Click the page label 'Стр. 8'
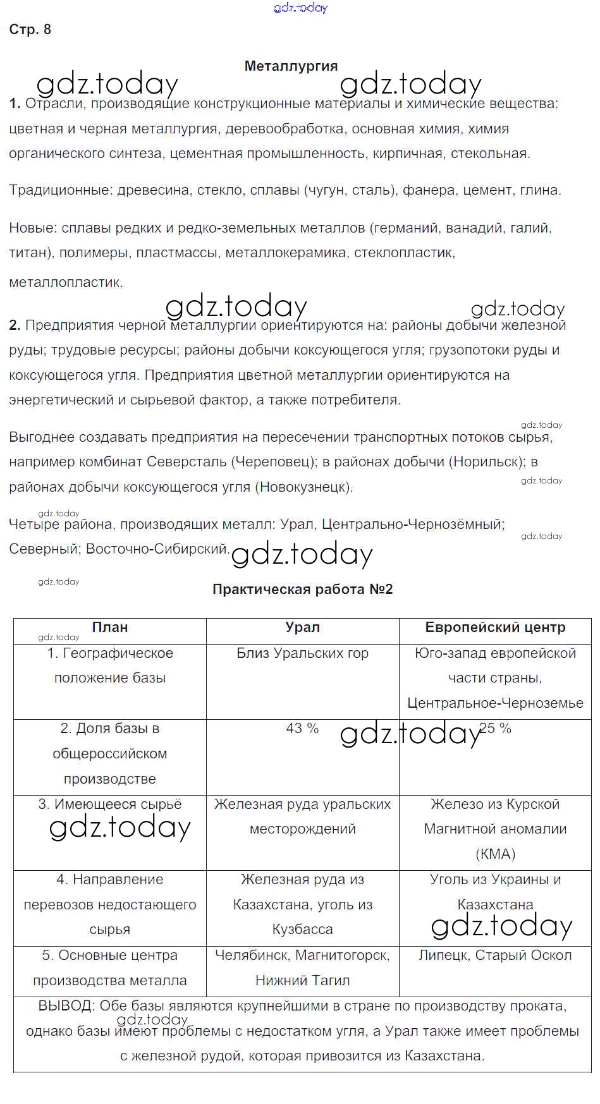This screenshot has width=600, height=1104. click(30, 30)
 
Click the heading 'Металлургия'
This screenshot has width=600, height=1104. click(291, 66)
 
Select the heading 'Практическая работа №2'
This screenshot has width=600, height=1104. click(302, 590)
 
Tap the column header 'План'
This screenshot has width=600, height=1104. click(110, 628)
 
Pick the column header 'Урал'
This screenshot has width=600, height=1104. click(302, 628)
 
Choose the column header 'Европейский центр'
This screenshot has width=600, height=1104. click(495, 628)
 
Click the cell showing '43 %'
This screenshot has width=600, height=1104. click(302, 729)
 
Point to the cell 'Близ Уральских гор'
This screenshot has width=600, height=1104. click(302, 653)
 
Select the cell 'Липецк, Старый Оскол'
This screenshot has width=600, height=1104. click(495, 955)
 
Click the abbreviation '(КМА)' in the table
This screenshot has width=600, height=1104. click(495, 854)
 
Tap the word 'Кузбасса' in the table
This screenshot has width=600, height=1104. click(302, 930)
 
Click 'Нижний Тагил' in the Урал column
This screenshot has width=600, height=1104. click(302, 981)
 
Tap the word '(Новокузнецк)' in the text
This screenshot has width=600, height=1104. click(303, 487)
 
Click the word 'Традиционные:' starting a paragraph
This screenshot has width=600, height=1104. click(61, 190)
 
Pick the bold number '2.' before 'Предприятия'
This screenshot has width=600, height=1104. click(15, 325)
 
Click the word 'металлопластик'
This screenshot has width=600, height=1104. click(64, 282)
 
